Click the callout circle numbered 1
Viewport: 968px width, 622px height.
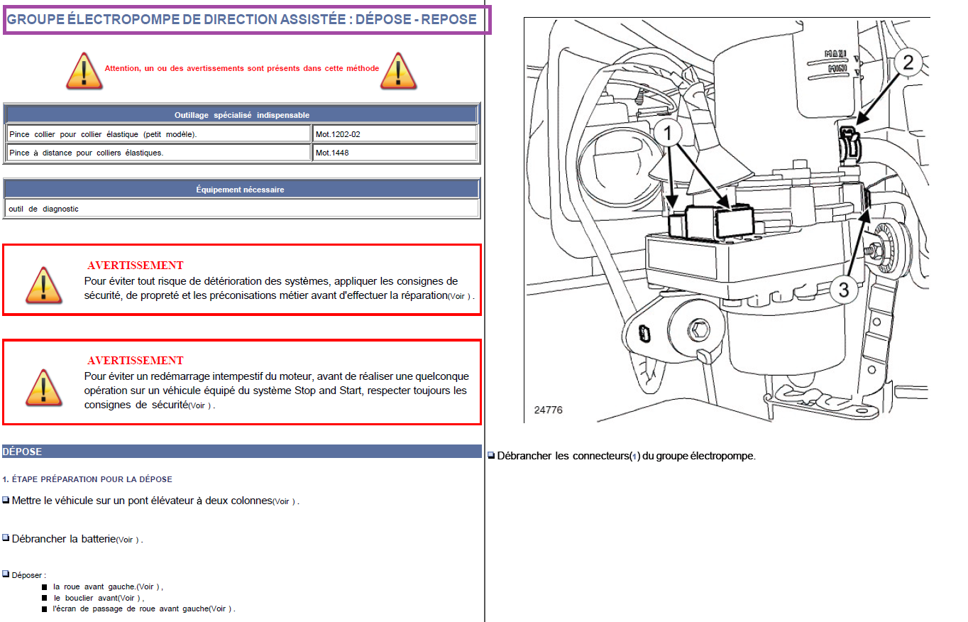point(668,133)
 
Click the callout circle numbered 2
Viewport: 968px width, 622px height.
point(908,62)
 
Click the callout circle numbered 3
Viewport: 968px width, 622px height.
point(844,290)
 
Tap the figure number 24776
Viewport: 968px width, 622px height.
point(548,410)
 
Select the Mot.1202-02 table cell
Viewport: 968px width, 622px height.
point(395,134)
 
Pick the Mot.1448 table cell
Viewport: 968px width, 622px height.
point(395,153)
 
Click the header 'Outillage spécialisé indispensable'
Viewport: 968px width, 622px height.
point(241,115)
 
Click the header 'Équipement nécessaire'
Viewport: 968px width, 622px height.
point(241,190)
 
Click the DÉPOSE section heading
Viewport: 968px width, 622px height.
point(22,452)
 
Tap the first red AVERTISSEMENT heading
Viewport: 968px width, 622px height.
point(136,265)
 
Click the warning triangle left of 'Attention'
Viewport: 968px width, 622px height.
point(84,71)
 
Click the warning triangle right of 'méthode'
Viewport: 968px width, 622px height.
point(398,71)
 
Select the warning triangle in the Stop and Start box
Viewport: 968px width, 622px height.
point(44,388)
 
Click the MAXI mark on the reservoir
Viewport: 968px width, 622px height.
point(835,53)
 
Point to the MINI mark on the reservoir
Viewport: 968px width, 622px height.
point(837,68)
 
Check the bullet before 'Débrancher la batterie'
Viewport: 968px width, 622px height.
point(6,538)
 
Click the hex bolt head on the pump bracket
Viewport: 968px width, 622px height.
point(698,331)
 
